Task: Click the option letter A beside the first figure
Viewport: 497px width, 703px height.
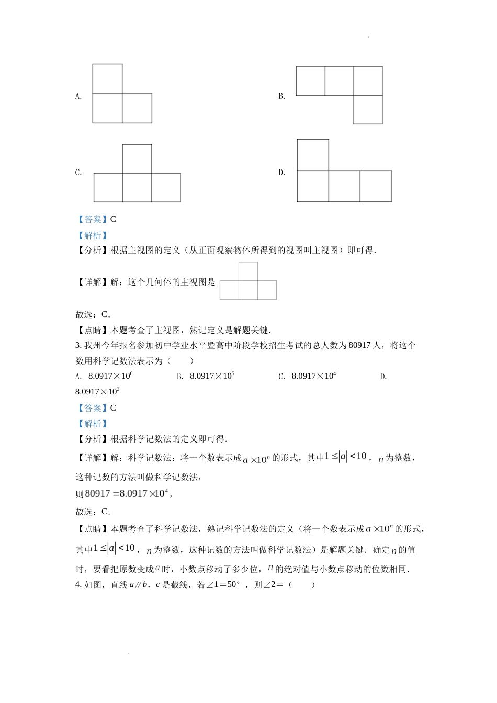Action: (78, 96)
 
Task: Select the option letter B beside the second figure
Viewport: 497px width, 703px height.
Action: (281, 96)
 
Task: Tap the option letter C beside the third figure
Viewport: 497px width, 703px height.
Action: (78, 173)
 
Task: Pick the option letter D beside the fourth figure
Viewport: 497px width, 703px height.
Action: (281, 173)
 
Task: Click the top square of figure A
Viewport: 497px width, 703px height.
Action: (107, 78)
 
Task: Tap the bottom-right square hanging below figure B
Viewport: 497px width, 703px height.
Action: (368, 110)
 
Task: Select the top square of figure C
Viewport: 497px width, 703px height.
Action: (137, 158)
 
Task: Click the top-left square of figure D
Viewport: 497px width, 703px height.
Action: (313, 155)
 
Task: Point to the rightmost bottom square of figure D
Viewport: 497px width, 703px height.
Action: (376, 186)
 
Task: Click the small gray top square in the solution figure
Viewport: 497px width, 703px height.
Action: (248, 271)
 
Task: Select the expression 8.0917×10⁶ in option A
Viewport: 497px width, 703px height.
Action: (110, 376)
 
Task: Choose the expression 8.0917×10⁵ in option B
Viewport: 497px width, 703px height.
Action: (212, 376)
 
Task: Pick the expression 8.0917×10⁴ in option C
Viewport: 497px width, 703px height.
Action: (313, 376)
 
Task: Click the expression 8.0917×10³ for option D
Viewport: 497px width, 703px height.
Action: (97, 392)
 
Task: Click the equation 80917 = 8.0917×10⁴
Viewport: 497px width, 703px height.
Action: (126, 494)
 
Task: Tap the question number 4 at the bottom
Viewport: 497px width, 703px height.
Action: (78, 585)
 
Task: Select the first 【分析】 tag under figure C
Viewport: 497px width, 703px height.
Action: (92, 251)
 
